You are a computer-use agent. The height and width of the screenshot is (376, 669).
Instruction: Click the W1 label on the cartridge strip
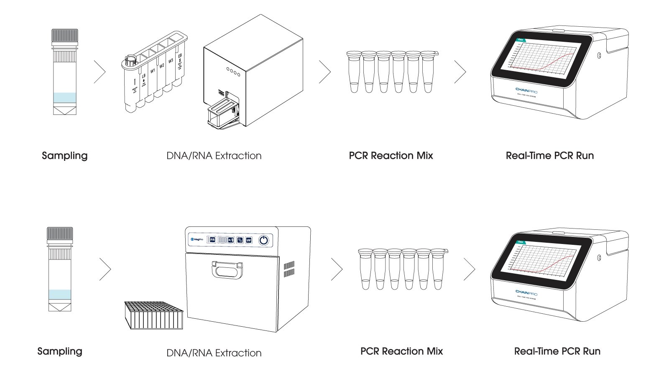pyautogui.click(x=153, y=71)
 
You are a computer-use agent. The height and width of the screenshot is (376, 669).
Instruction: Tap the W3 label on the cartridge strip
pyautogui.click(x=171, y=61)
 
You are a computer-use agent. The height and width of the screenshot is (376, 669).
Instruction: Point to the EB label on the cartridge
pyautogui.click(x=180, y=56)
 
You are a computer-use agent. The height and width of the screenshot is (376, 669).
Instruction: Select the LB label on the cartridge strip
pyautogui.click(x=143, y=76)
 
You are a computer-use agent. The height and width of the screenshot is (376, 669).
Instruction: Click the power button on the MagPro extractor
pyautogui.click(x=263, y=240)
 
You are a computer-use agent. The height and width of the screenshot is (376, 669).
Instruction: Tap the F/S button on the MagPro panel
pyautogui.click(x=212, y=240)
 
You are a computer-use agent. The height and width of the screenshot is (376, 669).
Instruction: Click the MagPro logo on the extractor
pyautogui.click(x=197, y=239)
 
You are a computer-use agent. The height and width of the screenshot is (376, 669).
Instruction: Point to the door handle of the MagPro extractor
pyautogui.click(x=227, y=269)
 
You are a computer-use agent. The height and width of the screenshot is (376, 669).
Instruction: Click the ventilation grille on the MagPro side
pyautogui.click(x=289, y=269)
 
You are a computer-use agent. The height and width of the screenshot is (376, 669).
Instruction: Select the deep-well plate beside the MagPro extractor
pyautogui.click(x=154, y=315)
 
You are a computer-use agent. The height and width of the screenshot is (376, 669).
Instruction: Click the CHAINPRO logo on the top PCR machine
pyautogui.click(x=526, y=90)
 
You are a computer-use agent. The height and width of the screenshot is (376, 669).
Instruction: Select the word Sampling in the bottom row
pyautogui.click(x=60, y=351)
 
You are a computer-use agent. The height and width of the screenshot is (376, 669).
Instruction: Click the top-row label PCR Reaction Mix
pyautogui.click(x=391, y=156)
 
